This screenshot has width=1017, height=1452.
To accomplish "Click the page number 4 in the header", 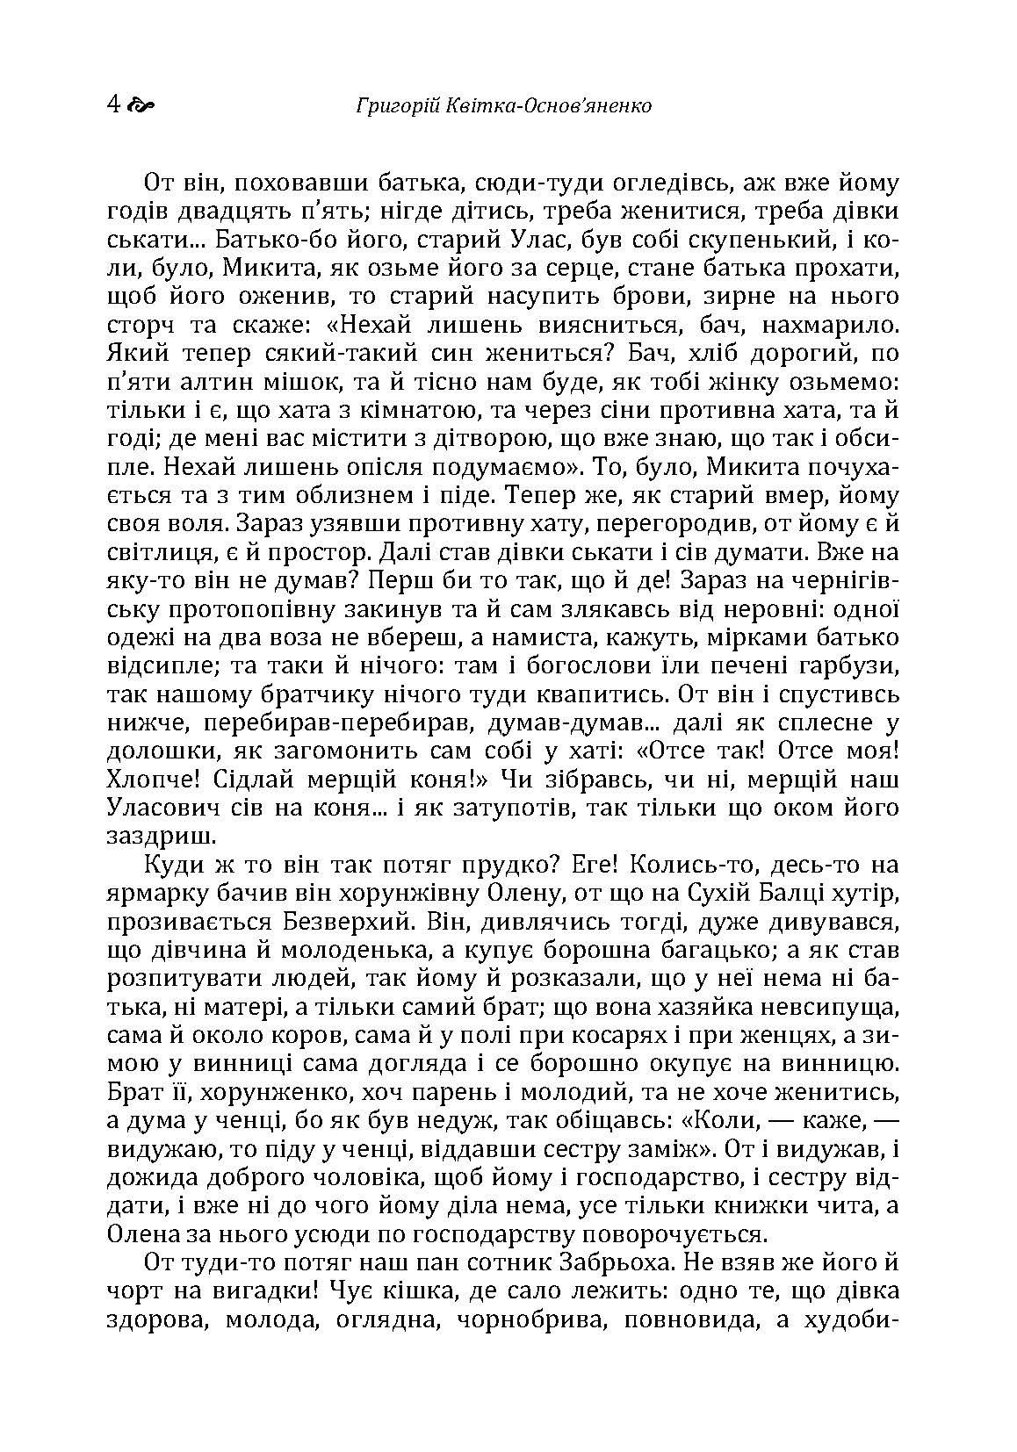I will tap(112, 105).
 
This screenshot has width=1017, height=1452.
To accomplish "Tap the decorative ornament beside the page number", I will tap(141, 106).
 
